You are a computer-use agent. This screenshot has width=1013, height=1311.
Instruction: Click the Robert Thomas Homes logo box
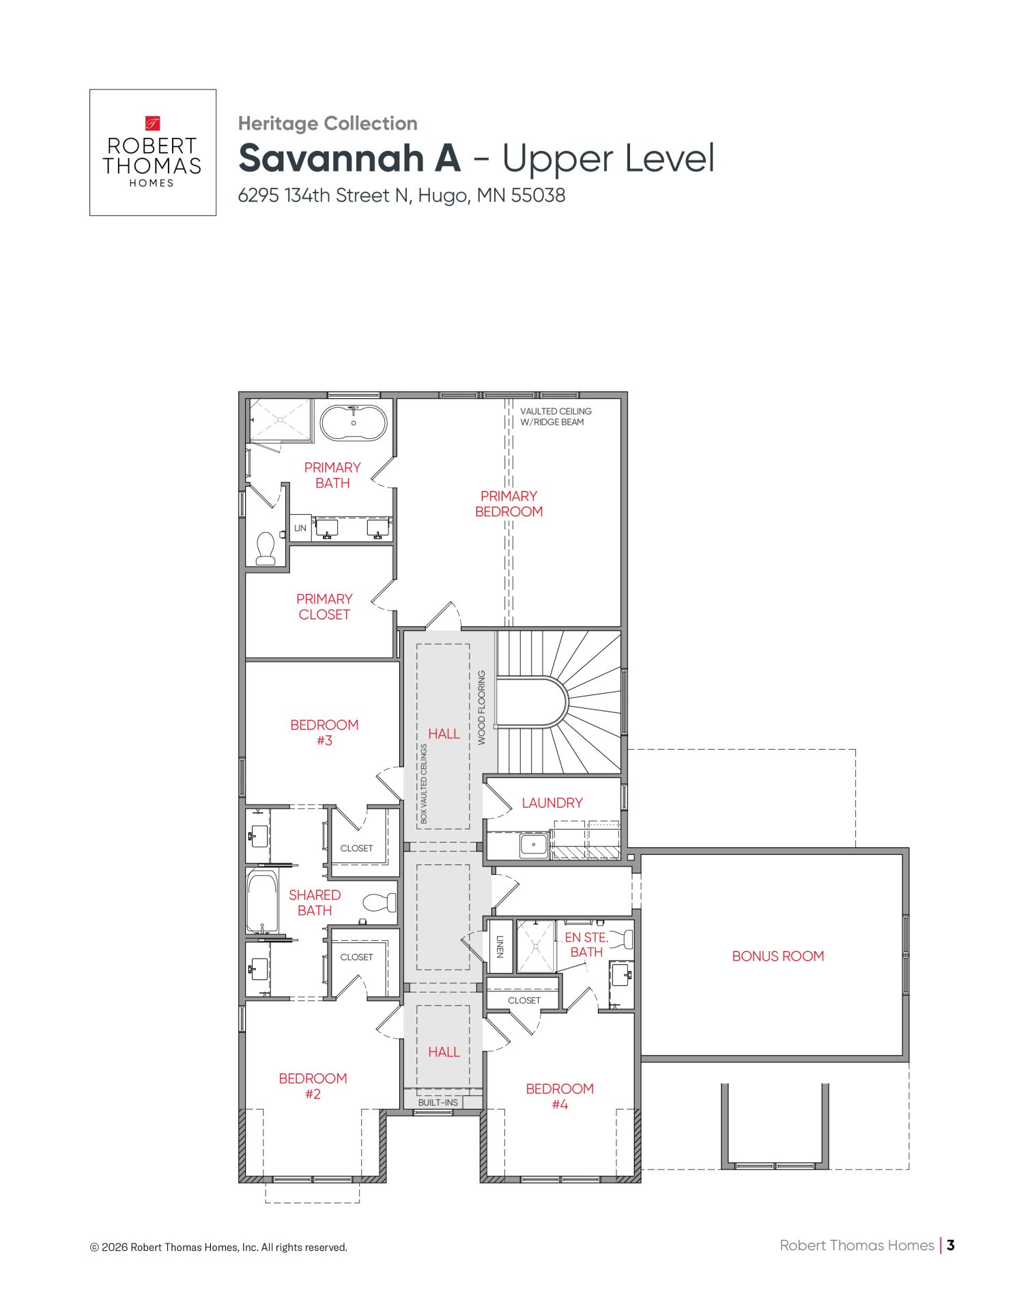point(153,152)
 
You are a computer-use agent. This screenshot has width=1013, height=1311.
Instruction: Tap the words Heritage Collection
point(328,124)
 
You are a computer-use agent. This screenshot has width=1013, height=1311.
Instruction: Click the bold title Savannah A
point(349,158)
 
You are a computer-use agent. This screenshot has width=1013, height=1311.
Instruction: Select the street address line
point(401,196)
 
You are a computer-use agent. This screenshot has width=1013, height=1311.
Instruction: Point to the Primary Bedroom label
point(509,504)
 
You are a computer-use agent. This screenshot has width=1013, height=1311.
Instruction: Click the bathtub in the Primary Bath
point(354,423)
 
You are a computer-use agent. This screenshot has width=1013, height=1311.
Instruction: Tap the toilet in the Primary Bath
point(266,548)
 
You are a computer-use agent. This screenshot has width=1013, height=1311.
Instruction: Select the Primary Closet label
point(324,606)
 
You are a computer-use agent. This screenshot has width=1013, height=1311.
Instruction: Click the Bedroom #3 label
point(324,733)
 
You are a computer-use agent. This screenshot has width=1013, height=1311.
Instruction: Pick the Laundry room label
point(552,803)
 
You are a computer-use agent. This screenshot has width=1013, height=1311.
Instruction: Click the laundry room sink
point(534,845)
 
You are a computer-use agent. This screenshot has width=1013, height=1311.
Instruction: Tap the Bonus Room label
point(778,957)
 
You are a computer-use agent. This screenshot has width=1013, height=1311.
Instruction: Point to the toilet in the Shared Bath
point(380,903)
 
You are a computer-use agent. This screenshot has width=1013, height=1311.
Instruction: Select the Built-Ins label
point(438,1103)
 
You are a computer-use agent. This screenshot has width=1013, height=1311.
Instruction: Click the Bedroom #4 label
point(560,1097)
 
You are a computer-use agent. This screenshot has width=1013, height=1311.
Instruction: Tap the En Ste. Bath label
point(586,945)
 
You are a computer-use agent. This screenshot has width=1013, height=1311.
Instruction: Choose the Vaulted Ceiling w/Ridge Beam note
point(556,417)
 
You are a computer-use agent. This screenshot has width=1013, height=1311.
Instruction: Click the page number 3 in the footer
point(950,1245)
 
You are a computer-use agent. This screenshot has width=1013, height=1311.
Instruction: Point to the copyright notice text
point(218,1247)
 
